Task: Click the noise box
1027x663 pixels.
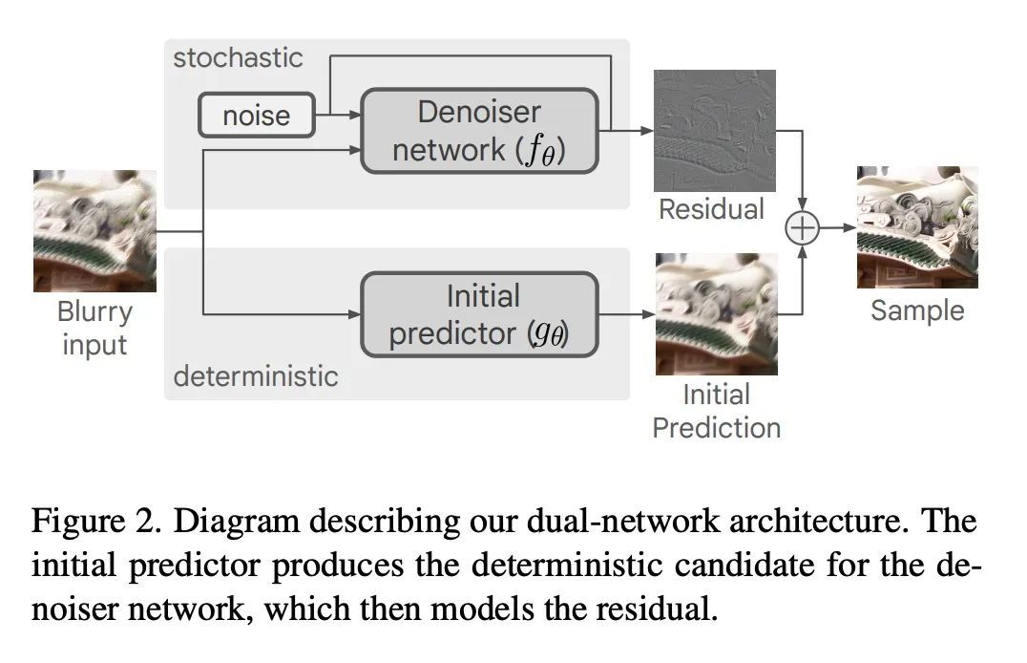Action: [256, 116]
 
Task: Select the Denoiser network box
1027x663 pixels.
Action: [478, 131]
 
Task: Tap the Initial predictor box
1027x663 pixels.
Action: [478, 314]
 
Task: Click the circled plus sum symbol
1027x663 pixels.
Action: [802, 229]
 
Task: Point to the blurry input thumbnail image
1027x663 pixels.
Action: [94, 230]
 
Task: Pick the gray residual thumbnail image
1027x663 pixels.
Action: [714, 130]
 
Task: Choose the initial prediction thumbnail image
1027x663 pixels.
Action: [716, 313]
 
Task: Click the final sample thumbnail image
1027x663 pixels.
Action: [916, 227]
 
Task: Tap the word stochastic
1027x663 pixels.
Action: [238, 57]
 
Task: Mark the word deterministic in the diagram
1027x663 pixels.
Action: [255, 375]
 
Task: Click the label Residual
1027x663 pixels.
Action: [712, 209]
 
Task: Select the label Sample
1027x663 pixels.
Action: [917, 310]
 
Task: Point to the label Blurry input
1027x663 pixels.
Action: [94, 327]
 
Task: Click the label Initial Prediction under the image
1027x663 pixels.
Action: [716, 411]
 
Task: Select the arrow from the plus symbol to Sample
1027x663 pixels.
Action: [835, 229]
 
